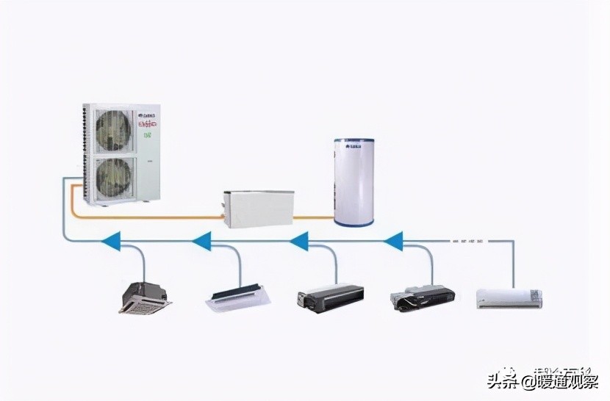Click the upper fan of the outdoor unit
113,130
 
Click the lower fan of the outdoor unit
113,177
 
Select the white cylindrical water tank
354,180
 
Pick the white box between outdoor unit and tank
258,208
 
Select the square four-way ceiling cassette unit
145,297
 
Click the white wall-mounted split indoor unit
509,297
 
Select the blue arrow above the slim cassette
201,240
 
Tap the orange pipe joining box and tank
314,217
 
